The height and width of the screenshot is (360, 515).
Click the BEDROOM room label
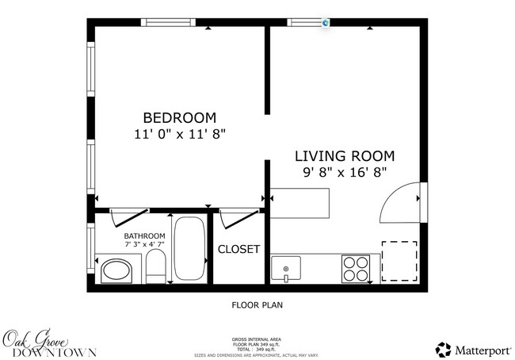pos(179,117)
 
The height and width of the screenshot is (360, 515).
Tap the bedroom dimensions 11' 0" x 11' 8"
pos(181,135)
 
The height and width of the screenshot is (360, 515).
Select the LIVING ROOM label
pos(344,155)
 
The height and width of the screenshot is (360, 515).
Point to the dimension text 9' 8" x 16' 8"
pos(344,173)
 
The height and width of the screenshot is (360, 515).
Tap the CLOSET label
pos(238,249)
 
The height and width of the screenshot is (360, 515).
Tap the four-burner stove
pos(356,268)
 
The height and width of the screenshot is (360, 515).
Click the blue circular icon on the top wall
pos(326,23)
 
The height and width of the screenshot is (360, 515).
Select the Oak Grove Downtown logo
pos(50,343)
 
